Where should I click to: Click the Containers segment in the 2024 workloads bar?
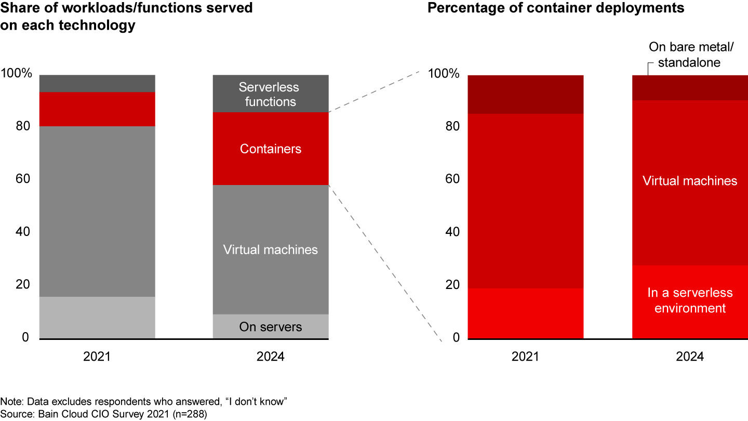click(271, 149)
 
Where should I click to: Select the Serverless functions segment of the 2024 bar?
click(271, 94)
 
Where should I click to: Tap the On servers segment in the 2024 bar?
click(271, 327)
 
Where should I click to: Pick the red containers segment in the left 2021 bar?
click(97, 109)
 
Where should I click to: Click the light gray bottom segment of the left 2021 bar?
click(97, 318)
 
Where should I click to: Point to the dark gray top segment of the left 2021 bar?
click(97, 84)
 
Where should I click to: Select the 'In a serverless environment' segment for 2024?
click(690, 301)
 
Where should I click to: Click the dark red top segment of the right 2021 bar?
click(526, 94)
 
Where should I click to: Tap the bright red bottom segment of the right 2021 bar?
click(526, 313)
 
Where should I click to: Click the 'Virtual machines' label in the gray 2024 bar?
click(271, 249)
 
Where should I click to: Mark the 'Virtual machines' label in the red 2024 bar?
click(690, 181)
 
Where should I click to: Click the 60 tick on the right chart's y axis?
click(452, 179)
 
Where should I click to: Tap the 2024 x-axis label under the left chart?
click(271, 357)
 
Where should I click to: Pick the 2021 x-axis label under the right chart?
click(526, 357)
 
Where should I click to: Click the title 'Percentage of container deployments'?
click(555, 8)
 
